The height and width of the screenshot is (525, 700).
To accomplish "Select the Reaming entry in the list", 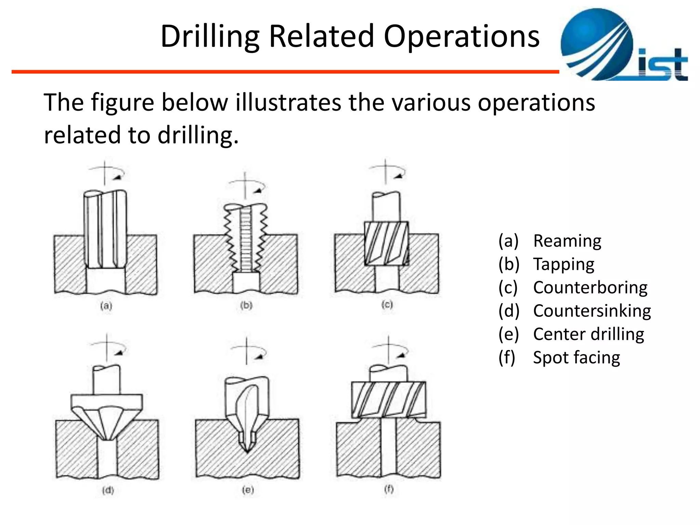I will [567, 241].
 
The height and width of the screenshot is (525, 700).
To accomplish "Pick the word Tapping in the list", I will [564, 264].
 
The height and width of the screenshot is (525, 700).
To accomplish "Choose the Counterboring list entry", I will [590, 287].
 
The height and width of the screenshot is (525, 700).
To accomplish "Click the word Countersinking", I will [592, 311].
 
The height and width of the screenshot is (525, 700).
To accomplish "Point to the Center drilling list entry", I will [589, 334].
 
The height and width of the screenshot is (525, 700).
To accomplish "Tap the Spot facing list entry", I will [577, 358].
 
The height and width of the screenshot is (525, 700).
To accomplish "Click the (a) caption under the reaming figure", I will [106, 306].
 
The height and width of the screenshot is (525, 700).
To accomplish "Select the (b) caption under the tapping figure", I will [246, 305].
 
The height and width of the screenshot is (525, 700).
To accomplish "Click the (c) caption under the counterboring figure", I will [387, 304].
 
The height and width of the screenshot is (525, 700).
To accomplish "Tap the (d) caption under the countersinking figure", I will [108, 490].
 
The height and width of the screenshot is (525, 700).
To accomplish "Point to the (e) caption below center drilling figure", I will [248, 490].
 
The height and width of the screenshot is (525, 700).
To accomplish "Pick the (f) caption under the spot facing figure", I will [389, 489].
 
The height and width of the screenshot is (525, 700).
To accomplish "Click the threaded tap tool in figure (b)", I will [245, 239].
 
